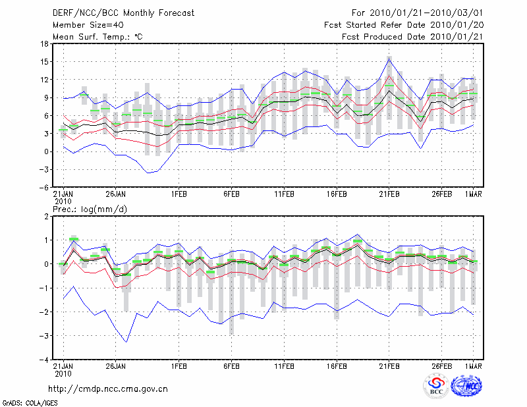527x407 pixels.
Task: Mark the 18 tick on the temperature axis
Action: (x=43, y=43)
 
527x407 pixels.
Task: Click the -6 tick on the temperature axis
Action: (x=43, y=187)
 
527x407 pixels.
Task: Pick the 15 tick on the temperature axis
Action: (x=43, y=61)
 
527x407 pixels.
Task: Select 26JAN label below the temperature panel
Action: (x=115, y=194)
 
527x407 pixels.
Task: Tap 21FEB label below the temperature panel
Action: (x=389, y=194)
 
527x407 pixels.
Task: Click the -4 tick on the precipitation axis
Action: (x=43, y=360)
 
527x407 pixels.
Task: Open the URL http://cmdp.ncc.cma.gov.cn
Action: (x=108, y=389)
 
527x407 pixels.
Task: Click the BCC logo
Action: (x=436, y=387)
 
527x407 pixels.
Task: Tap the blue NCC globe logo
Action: (x=466, y=386)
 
